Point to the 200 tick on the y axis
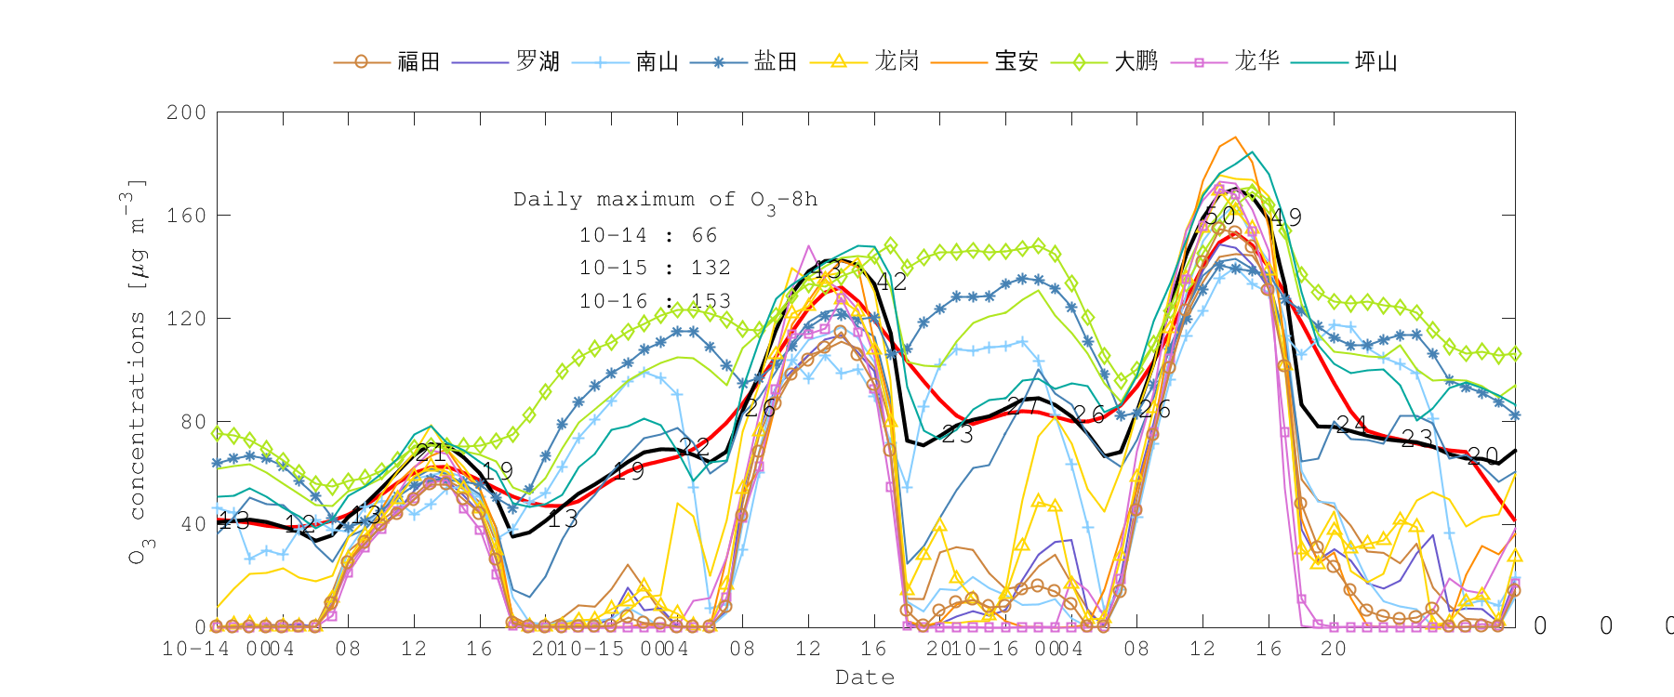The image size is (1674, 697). [186, 112]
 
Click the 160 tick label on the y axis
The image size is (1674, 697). [186, 216]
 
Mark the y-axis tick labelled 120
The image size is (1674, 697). [186, 319]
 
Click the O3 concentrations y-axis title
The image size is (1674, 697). [137, 372]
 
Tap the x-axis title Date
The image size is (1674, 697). [865, 677]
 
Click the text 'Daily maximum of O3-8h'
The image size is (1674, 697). [665, 201]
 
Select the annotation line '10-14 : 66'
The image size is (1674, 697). [648, 235]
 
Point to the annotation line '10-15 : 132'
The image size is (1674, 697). [655, 268]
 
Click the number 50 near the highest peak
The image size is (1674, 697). [1219, 217]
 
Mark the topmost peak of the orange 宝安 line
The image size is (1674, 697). [1235, 138]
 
